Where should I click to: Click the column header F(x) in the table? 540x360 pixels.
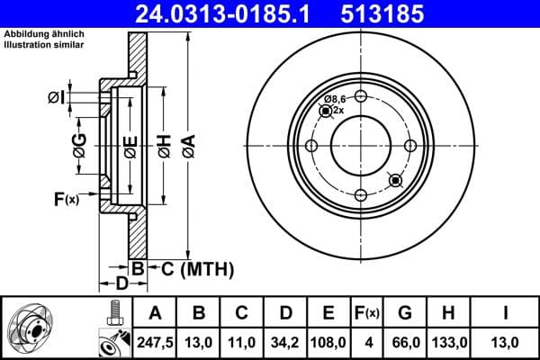click(x=367, y=313)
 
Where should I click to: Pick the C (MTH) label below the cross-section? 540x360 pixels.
click(x=197, y=268)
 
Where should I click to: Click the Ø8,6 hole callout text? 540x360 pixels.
click(x=336, y=98)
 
